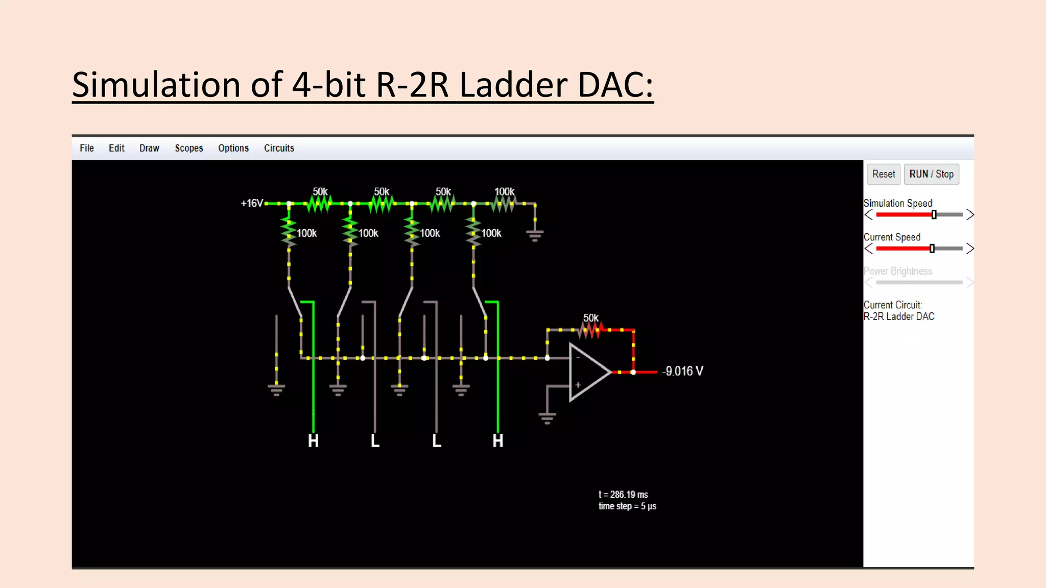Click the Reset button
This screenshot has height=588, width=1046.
click(x=883, y=174)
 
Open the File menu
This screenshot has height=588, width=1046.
click(x=87, y=148)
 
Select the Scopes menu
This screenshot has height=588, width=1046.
click(x=188, y=148)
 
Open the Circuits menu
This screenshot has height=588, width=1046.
click(x=279, y=148)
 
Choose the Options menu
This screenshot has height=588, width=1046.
click(x=233, y=148)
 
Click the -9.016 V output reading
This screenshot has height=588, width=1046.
click(x=682, y=371)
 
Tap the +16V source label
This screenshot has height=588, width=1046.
click(x=252, y=203)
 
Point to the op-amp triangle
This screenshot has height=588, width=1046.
click(x=587, y=372)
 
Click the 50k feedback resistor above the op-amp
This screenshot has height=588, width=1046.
click(x=591, y=330)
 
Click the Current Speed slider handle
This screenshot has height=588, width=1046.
click(x=932, y=249)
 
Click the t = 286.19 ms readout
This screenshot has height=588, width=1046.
click(x=623, y=495)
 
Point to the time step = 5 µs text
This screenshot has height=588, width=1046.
click(x=627, y=506)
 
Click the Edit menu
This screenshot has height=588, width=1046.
click(x=116, y=148)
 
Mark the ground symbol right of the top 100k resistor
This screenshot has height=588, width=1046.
click(x=535, y=234)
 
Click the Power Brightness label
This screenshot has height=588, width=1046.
click(x=897, y=271)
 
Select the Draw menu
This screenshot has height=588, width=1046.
click(x=149, y=148)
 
